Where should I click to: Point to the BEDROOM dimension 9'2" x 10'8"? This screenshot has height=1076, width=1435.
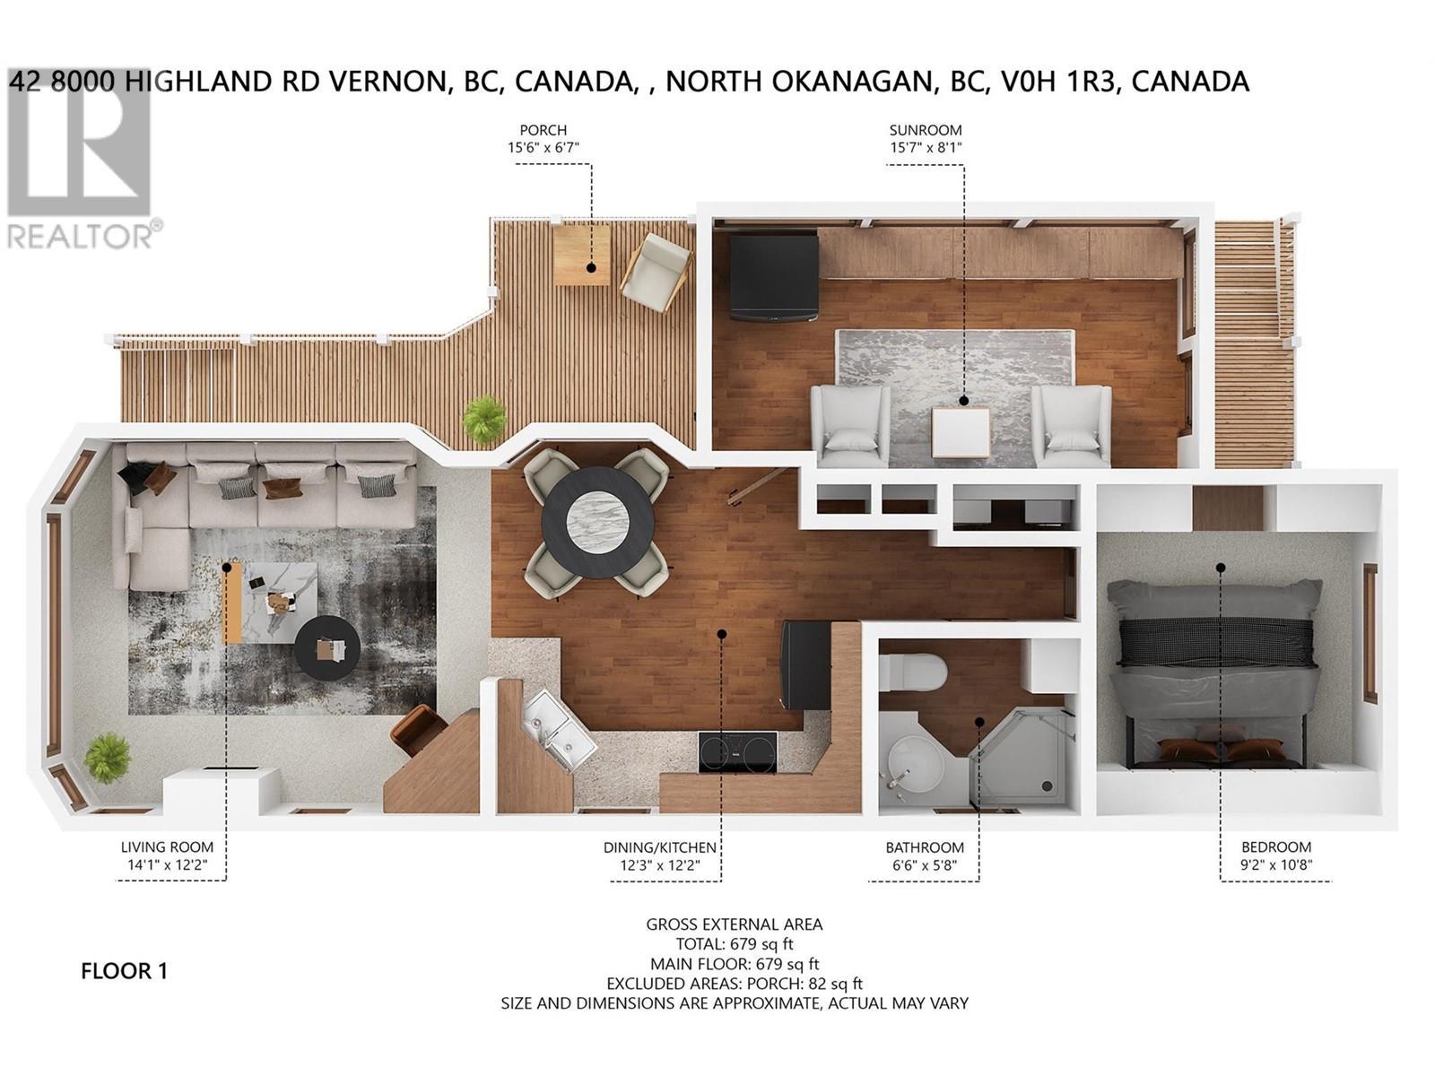1275,865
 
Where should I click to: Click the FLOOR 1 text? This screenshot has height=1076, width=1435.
124,971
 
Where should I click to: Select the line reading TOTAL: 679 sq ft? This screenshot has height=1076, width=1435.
734,944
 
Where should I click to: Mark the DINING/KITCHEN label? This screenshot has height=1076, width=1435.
660,847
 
